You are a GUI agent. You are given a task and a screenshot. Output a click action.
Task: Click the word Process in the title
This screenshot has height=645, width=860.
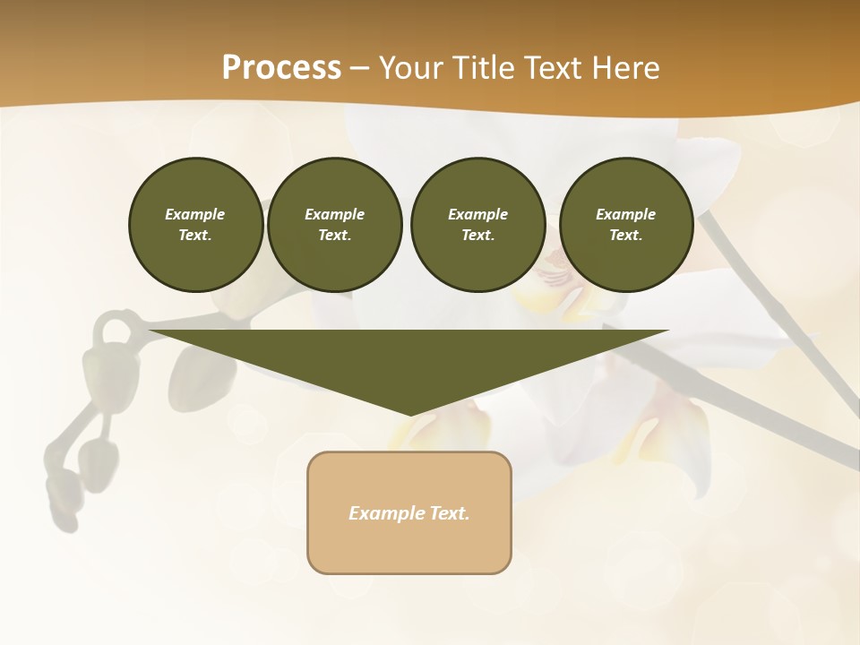(x=281, y=68)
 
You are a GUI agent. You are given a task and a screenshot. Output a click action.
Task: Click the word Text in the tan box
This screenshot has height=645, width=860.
(x=451, y=513)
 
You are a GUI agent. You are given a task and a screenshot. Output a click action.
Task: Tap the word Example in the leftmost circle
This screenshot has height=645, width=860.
(x=195, y=214)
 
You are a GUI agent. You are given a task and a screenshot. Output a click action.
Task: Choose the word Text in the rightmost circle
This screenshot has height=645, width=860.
(x=625, y=235)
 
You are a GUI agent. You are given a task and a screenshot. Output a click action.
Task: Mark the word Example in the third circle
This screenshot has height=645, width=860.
(x=477, y=214)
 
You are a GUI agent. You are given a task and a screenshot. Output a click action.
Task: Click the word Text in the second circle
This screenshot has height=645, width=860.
(x=334, y=235)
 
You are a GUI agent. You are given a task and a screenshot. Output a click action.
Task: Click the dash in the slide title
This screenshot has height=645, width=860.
(x=359, y=68)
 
